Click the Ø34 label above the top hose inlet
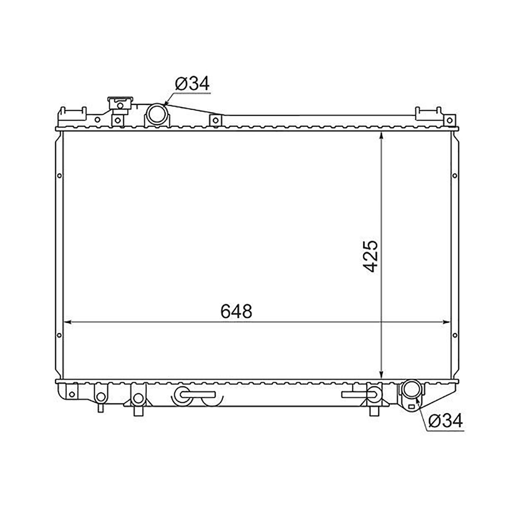[x=192, y=83]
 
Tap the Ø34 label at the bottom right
[x=445, y=421]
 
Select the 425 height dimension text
[x=371, y=256]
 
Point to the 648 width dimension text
[x=236, y=311]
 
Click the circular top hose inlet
[x=157, y=114]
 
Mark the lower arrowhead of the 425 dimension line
[x=382, y=375]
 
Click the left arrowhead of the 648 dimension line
[x=68, y=322]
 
